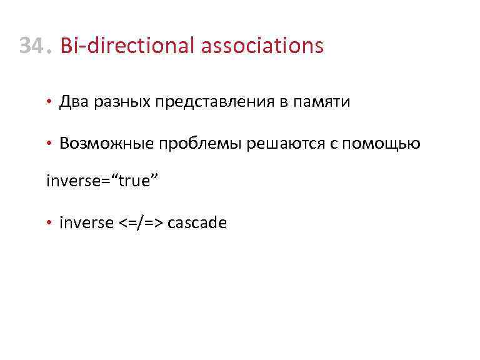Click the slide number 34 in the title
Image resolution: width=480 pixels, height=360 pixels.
pyautogui.click(x=31, y=46)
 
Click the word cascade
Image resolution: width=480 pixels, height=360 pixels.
pyautogui.click(x=197, y=222)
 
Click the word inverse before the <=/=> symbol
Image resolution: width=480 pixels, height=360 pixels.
pyautogui.click(x=86, y=222)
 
